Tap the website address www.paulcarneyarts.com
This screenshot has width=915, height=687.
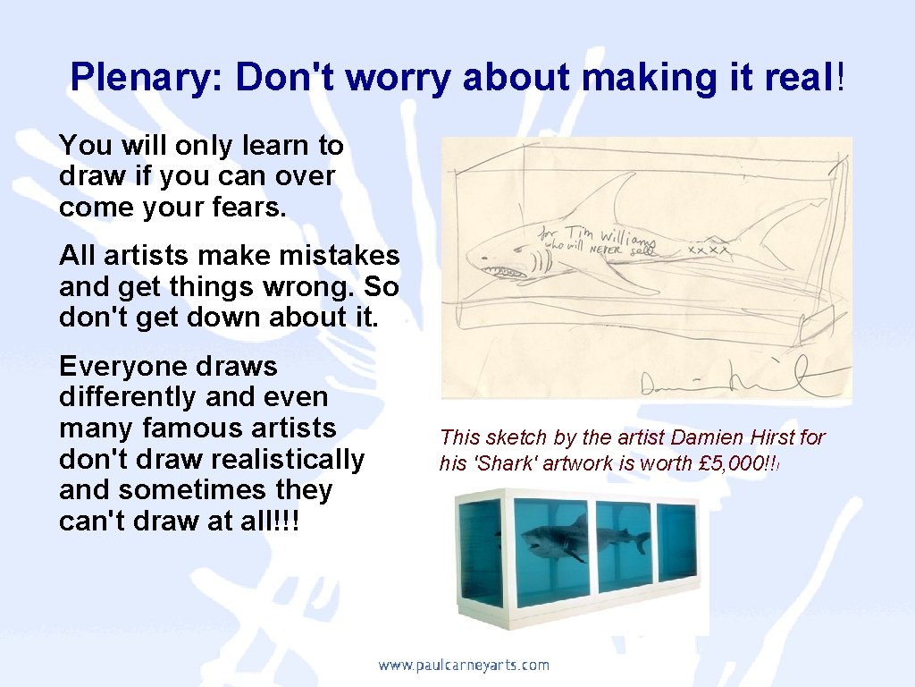click(463, 665)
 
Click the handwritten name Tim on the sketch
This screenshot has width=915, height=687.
click(577, 230)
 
